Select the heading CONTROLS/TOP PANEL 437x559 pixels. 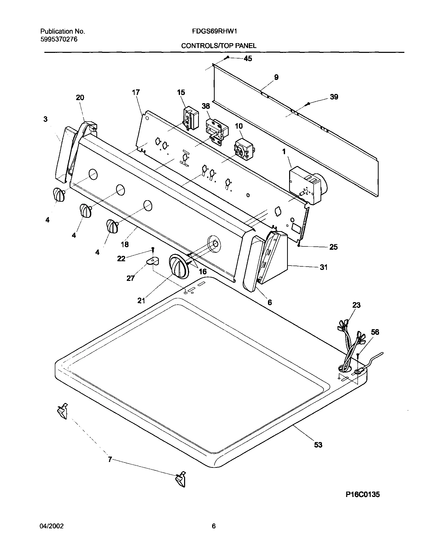(x=218, y=46)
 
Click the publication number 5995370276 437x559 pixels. (x=59, y=39)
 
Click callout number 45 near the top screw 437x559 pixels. (x=247, y=59)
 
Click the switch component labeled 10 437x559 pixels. (x=244, y=149)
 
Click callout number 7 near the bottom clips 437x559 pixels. (x=110, y=460)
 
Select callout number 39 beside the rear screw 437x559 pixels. (x=334, y=97)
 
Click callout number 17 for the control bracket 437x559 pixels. (x=136, y=92)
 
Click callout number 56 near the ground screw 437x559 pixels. (x=375, y=332)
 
